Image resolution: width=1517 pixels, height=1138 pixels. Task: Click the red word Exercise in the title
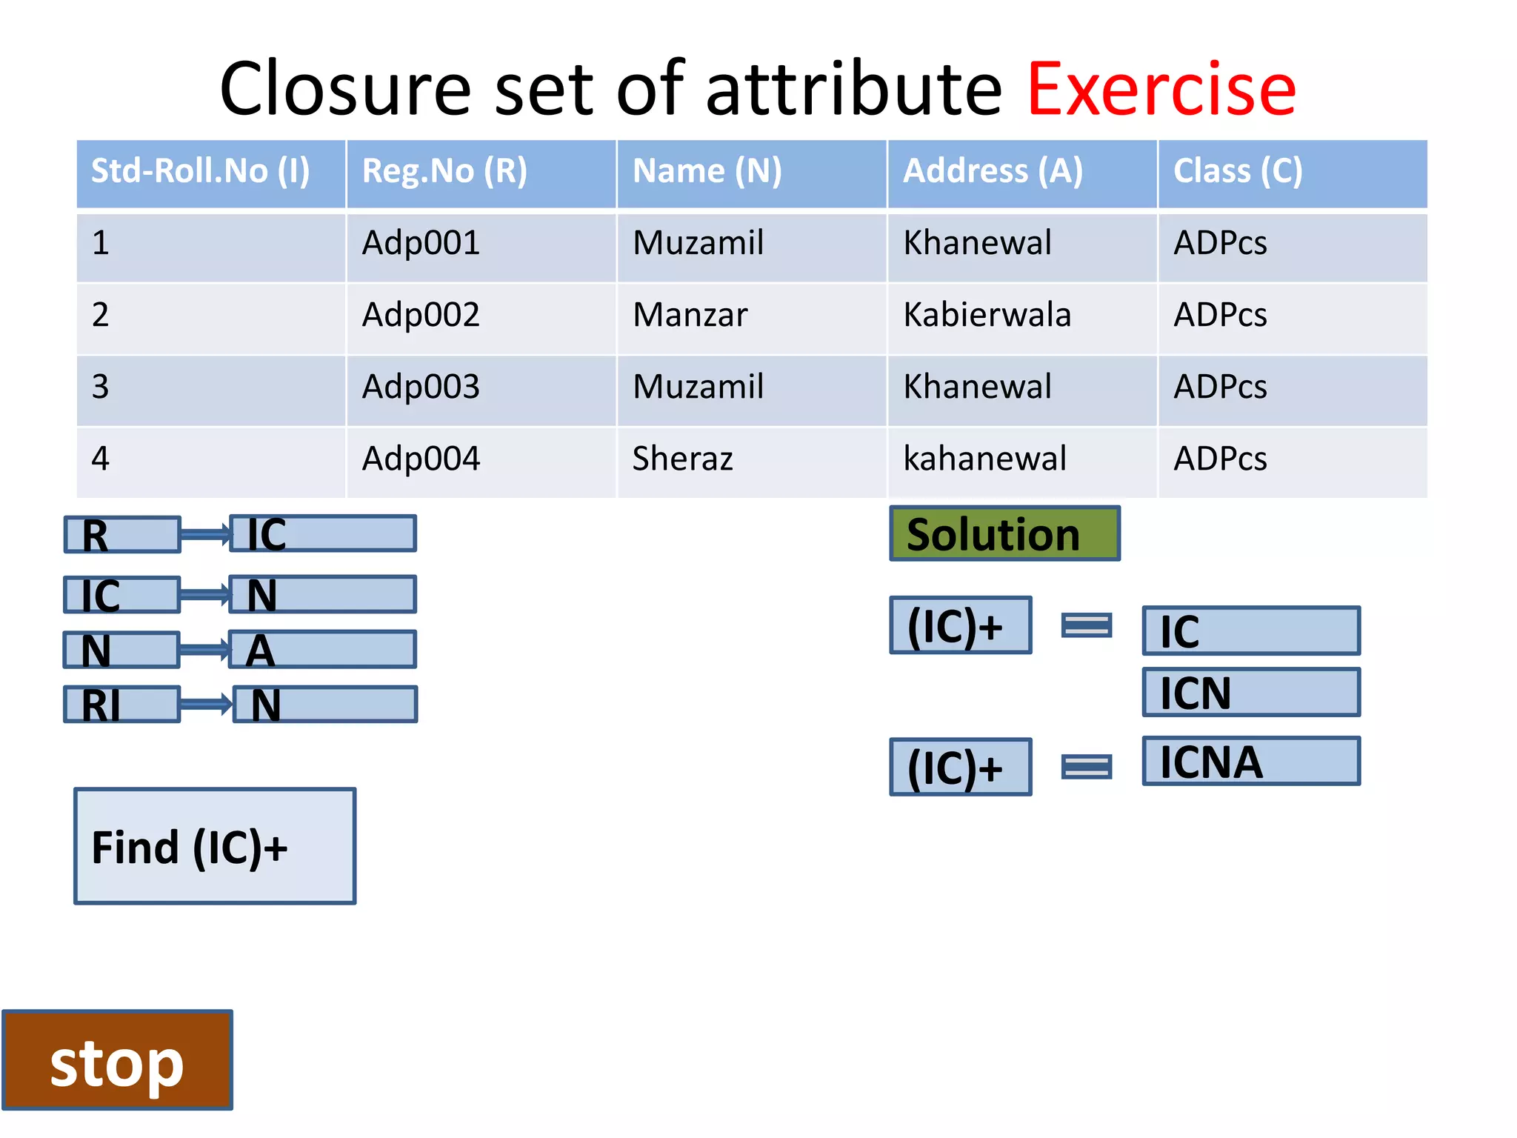(1161, 90)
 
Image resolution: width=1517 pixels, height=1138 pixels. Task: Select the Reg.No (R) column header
(481, 172)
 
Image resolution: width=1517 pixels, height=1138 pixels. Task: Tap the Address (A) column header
(1021, 172)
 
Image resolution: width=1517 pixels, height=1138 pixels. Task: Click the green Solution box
(1004, 533)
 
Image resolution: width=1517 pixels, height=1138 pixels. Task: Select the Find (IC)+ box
(215, 846)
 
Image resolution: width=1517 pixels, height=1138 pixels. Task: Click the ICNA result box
(1251, 761)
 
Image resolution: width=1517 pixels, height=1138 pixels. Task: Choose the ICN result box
(1251, 693)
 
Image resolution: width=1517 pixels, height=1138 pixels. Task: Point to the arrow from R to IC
(205, 533)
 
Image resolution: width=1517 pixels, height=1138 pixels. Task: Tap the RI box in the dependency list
(122, 704)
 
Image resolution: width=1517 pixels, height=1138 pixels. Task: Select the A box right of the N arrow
(323, 650)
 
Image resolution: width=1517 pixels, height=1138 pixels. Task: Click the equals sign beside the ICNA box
(1086, 767)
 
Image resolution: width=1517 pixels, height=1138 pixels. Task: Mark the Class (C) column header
(1292, 172)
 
